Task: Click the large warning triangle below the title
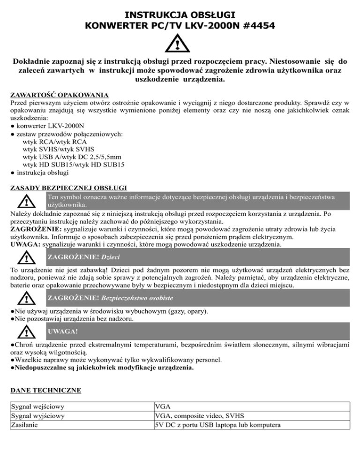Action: click(x=180, y=45)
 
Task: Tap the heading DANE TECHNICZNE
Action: click(x=45, y=390)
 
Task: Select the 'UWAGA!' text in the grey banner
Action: click(x=63, y=332)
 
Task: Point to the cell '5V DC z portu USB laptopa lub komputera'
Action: click(x=217, y=425)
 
